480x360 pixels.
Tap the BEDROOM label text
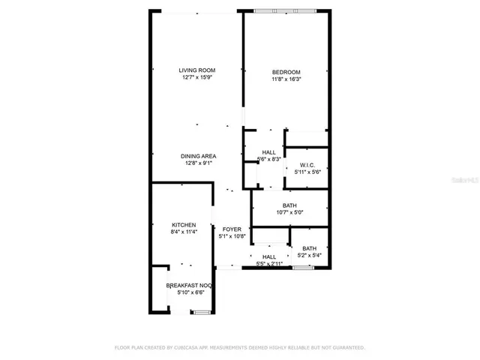(286, 72)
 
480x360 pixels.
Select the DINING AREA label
(199, 156)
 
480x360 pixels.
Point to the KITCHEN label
(184, 225)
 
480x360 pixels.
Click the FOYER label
(232, 229)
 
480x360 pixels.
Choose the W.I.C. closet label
(307, 165)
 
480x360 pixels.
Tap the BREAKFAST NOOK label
(190, 286)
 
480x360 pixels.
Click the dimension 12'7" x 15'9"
(196, 77)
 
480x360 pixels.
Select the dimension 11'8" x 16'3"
(286, 79)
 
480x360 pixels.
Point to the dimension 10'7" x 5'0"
(290, 212)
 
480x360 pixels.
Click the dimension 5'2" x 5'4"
(309, 256)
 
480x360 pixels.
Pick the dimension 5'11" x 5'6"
(307, 172)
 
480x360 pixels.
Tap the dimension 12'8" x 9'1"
(199, 163)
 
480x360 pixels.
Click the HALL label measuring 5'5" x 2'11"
(269, 256)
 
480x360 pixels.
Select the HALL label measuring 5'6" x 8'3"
(268, 152)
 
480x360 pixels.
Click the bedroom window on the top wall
(284, 10)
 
